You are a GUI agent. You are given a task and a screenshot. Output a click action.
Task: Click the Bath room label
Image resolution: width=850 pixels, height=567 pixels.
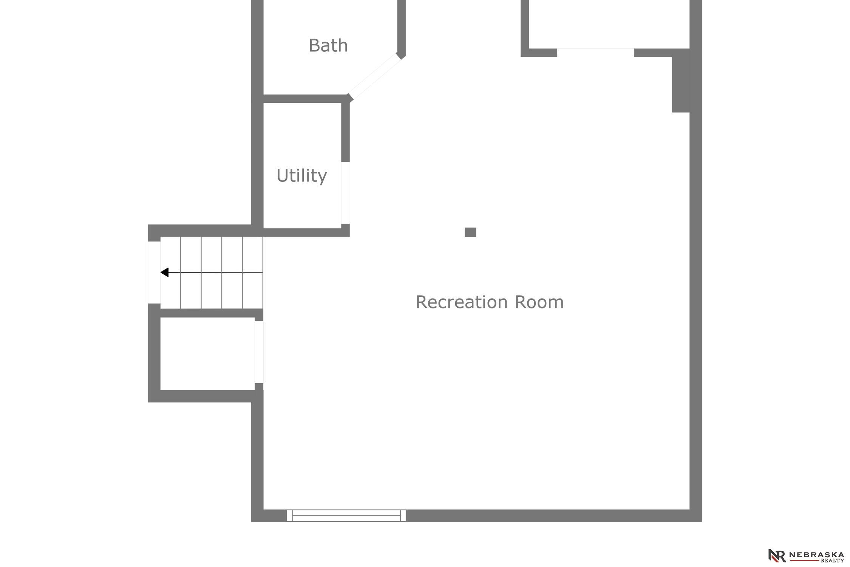point(328,46)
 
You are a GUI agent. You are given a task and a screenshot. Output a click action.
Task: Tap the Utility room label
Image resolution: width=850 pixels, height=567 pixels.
point(301,176)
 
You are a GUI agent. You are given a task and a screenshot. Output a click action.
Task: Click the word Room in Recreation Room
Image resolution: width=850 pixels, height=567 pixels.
point(539,302)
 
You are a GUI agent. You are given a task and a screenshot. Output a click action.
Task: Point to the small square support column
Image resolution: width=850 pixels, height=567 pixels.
point(470,232)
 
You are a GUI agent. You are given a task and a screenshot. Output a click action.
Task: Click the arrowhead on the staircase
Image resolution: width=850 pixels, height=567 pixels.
point(164,272)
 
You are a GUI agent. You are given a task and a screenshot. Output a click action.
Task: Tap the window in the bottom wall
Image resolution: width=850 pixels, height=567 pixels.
point(346,516)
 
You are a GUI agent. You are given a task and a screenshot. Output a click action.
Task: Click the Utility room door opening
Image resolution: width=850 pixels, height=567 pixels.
point(345,193)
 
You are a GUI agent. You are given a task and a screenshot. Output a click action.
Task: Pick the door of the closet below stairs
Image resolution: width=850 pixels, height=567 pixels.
point(259,352)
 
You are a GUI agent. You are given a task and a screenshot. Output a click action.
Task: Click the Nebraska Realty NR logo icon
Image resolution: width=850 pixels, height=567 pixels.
point(776,555)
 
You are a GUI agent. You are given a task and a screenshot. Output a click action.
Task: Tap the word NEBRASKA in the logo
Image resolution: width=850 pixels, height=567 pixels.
point(816,555)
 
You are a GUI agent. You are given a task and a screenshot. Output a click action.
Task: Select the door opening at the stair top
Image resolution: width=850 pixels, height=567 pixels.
point(154,272)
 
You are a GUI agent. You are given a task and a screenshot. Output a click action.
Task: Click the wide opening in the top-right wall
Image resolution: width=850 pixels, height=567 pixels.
point(595,53)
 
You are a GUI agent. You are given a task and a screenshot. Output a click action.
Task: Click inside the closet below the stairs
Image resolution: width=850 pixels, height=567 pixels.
point(207,353)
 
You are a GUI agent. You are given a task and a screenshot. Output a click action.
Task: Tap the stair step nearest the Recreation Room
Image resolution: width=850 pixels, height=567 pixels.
point(252,273)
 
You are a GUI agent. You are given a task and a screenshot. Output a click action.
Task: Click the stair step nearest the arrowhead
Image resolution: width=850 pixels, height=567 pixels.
point(171,273)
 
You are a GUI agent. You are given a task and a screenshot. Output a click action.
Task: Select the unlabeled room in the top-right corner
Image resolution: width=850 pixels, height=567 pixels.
point(609,24)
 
